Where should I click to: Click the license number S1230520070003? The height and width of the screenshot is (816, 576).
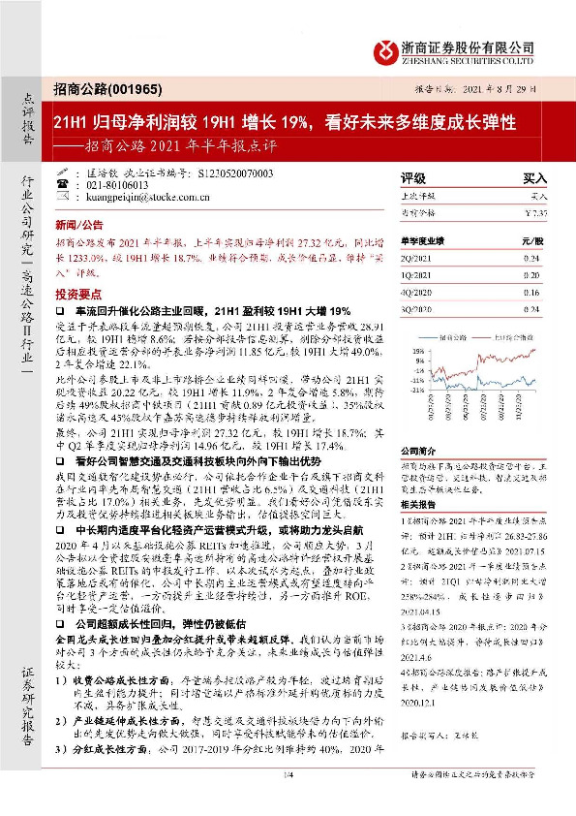[238, 173]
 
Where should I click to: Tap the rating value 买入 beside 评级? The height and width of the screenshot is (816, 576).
[534, 178]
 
